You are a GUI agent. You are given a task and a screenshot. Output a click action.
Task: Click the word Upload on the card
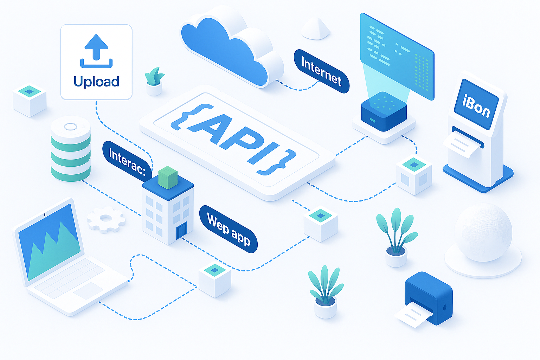tap(96, 81)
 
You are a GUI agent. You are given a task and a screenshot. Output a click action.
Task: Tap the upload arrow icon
tap(96, 51)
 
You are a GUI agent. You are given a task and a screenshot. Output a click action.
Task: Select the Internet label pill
tap(321, 71)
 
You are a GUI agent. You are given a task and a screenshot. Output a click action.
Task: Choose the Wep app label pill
tap(229, 229)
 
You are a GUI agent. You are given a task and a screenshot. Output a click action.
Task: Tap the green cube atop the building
tap(168, 177)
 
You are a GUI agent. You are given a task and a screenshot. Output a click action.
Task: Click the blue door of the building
tap(181, 230)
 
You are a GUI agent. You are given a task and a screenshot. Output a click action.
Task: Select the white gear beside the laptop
tap(106, 219)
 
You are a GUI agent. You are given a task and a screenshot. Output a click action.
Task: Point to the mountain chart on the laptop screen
tap(52, 251)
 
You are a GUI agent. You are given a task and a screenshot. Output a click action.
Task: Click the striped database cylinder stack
tap(71, 149)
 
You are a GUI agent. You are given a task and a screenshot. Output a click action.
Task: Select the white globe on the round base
tap(483, 233)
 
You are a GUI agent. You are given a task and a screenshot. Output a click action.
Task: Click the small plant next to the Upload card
tap(154, 81)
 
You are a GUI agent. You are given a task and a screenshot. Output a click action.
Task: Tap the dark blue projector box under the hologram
tap(384, 111)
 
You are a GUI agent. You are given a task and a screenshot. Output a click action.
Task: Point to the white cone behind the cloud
tap(316, 28)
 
